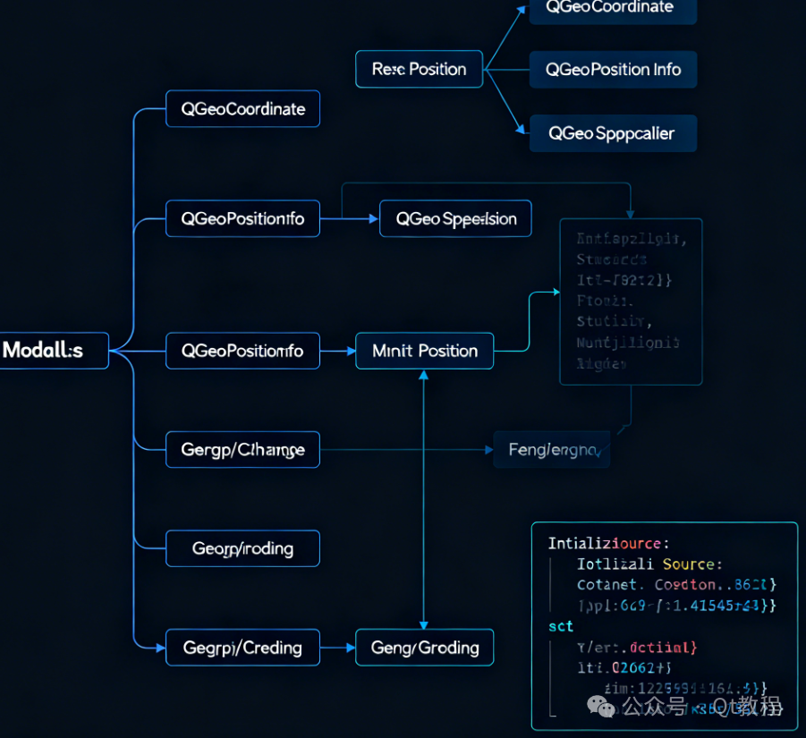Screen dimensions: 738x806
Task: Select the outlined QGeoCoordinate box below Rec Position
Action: point(242,109)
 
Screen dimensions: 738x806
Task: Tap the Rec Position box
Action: point(419,69)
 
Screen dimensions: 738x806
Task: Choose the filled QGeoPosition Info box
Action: point(613,69)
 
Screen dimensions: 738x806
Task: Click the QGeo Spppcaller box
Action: point(613,133)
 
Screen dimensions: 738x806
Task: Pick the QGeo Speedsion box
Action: point(455,218)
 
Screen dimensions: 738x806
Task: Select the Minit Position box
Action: point(424,351)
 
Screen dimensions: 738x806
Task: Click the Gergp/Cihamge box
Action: point(242,449)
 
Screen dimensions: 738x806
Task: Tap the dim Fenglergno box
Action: point(551,449)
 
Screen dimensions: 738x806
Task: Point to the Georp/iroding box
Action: point(242,547)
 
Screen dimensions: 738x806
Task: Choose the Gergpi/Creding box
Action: point(242,647)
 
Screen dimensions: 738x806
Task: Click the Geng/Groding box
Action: point(424,647)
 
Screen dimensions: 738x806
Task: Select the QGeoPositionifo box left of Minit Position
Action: point(242,351)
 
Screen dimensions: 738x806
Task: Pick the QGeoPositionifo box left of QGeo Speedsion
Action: point(242,218)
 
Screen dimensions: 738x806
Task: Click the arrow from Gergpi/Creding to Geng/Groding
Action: point(337,647)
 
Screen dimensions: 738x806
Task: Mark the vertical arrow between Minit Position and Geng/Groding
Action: point(424,501)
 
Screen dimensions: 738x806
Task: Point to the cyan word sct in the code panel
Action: point(560,626)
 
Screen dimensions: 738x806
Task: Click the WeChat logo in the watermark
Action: point(607,708)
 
